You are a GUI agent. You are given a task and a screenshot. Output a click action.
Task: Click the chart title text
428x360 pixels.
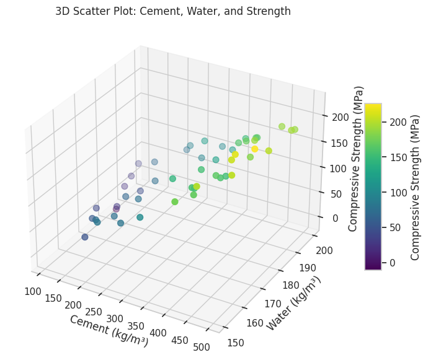point(172,11)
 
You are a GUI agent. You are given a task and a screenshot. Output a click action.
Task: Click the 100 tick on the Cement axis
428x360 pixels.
point(33,291)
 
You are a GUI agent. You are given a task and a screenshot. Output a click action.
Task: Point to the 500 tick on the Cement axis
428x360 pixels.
point(202,347)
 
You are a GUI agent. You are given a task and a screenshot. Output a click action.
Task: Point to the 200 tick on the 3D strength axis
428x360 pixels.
point(339,117)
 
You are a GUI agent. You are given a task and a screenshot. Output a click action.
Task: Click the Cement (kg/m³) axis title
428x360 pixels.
point(109,330)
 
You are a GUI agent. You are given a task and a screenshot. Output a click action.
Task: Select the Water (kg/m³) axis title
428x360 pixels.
point(294,304)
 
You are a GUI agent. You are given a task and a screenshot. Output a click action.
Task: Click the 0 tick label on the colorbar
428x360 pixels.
point(391,263)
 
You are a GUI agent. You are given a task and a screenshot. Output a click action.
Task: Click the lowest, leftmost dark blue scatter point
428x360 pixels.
point(85,237)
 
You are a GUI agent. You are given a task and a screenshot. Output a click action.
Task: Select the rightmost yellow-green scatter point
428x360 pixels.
point(295,130)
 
